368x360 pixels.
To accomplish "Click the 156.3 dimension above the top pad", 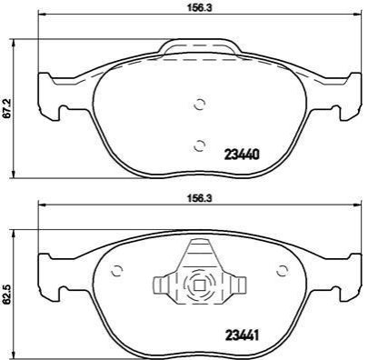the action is (x=199, y=7).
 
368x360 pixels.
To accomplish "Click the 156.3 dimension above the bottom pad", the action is (x=199, y=197).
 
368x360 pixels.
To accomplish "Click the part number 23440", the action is (x=242, y=155).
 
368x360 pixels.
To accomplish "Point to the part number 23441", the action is (x=242, y=335).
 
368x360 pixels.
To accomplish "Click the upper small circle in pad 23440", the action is (x=200, y=105).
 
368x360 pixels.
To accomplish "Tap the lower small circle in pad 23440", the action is (x=200, y=146).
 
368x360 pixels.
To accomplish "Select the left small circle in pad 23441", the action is (x=116, y=270).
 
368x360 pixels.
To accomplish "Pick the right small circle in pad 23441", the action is (x=283, y=270).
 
